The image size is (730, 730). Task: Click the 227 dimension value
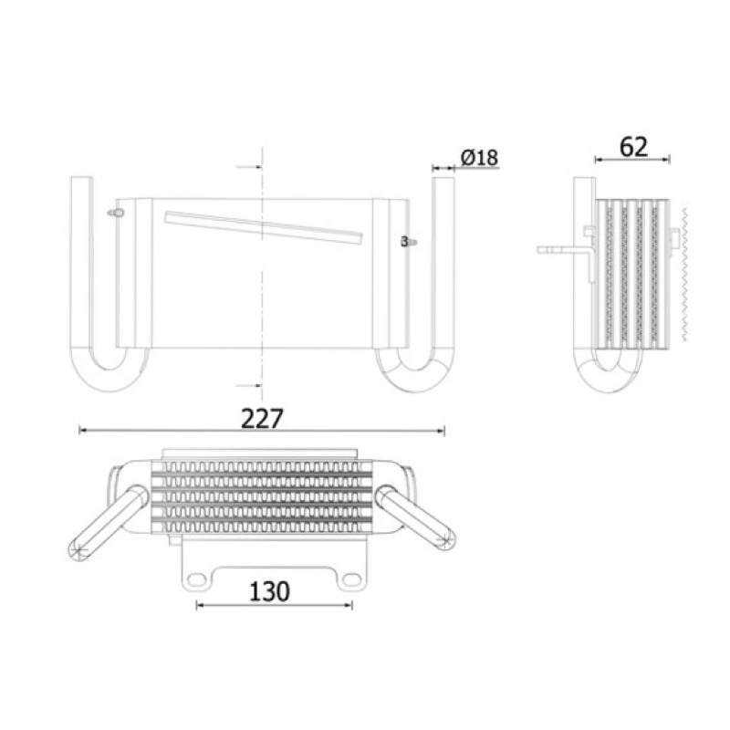[x=262, y=418]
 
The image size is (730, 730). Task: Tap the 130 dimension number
[x=269, y=591]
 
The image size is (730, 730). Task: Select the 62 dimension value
[x=633, y=147]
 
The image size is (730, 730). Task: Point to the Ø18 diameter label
[x=479, y=157]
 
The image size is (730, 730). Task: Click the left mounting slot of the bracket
[x=196, y=579]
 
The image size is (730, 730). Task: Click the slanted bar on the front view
[x=264, y=227]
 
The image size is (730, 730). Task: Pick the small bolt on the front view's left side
[x=116, y=214]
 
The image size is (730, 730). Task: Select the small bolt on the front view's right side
[x=409, y=242]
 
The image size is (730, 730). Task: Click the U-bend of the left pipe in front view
[x=109, y=377]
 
